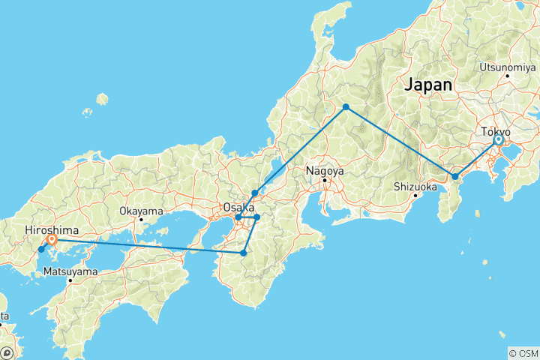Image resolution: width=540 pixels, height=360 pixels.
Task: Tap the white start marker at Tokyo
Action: coord(498,139)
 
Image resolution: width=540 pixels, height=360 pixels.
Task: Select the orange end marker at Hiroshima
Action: coord(52,241)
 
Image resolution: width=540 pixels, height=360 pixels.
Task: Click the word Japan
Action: coord(428,85)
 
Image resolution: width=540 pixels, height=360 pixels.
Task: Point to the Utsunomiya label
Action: coord(507,66)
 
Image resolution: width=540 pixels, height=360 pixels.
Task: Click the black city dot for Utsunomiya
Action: coord(508,75)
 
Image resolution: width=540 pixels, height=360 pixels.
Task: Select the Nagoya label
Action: coord(325,170)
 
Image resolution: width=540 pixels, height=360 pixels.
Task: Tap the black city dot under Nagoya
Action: coord(325,180)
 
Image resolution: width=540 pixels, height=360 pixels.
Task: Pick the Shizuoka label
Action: coord(415,187)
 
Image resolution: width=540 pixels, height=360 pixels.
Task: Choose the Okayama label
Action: coord(140,211)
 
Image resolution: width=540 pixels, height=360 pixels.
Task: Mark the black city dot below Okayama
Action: coord(141,220)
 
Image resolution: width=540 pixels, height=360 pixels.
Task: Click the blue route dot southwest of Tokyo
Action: coord(454,177)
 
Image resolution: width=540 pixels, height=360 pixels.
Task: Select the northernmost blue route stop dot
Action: coord(346,107)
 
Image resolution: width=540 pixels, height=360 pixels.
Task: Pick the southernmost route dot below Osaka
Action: coord(244,253)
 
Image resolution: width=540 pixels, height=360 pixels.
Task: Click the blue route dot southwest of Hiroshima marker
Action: coord(41,249)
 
